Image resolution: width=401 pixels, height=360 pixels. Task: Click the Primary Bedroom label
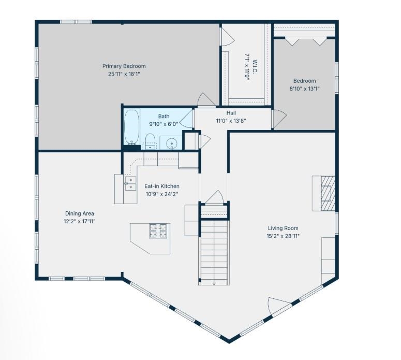click(124, 66)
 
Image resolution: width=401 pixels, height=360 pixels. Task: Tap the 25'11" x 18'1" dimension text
click(124, 74)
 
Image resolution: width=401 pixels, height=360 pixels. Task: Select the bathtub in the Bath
click(132, 127)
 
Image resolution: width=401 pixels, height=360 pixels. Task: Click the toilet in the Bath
click(150, 141)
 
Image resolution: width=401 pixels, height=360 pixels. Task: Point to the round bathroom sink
click(171, 143)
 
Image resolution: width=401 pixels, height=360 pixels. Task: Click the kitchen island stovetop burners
click(158, 231)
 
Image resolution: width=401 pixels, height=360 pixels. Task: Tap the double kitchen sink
click(130, 183)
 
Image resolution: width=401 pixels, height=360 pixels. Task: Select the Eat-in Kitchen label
click(162, 186)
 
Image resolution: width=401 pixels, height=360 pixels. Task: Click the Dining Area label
click(80, 213)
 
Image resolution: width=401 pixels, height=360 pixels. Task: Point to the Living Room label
click(283, 228)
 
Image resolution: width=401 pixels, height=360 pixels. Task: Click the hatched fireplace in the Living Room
click(328, 193)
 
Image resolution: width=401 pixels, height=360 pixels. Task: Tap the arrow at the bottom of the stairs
click(214, 283)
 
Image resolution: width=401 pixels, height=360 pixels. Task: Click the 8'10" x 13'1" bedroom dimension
click(304, 89)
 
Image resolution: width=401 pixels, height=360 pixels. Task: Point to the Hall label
click(231, 113)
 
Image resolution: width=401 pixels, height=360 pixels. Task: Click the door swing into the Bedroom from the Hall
click(279, 119)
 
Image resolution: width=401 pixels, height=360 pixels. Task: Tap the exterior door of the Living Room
click(279, 307)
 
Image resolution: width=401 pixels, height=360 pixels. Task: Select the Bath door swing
click(186, 118)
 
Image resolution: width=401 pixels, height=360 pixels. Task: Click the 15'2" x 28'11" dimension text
click(283, 236)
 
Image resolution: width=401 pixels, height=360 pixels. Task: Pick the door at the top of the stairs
click(215, 197)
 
